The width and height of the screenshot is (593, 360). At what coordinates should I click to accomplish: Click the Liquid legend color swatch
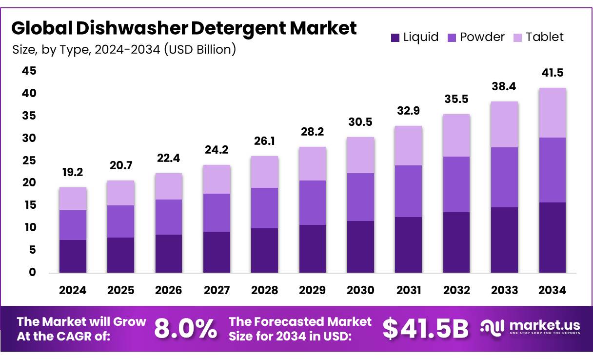[x=395, y=37]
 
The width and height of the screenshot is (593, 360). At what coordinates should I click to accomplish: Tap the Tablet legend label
[x=544, y=37]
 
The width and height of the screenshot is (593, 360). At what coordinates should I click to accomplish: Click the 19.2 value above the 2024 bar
[x=73, y=172]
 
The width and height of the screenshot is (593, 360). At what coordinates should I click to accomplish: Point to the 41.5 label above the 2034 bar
[x=552, y=73]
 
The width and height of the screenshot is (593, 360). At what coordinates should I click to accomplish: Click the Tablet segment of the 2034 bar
[x=552, y=113]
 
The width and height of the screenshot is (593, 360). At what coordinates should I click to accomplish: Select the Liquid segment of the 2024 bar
[x=73, y=256]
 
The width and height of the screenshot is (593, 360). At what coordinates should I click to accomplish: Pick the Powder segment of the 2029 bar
[x=312, y=202]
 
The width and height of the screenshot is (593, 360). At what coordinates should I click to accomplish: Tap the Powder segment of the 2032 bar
[x=456, y=184]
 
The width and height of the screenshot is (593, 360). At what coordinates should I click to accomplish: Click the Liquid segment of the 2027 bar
[x=217, y=252]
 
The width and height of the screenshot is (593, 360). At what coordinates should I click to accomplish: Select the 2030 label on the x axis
[x=360, y=290]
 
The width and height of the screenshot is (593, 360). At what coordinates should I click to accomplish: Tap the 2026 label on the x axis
[x=169, y=290]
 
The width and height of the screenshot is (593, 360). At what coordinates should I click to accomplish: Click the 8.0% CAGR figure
[x=186, y=329]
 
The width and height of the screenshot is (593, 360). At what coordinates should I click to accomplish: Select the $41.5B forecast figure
[x=425, y=329]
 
